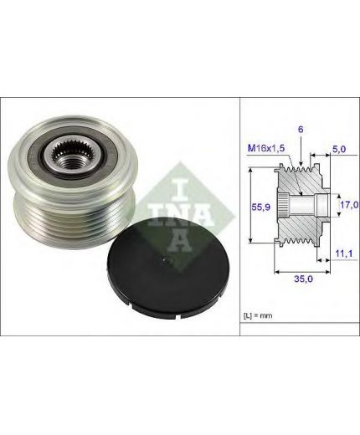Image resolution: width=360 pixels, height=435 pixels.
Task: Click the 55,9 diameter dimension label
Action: [260, 207]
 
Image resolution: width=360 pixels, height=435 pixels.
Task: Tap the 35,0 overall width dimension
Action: [303, 279]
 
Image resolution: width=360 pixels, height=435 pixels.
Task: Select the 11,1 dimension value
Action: [343, 253]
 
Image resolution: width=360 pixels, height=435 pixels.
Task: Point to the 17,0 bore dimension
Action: [349, 205]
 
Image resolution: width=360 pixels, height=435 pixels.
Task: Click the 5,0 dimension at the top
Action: [339, 149]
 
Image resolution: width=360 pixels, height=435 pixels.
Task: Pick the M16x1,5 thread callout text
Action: [266, 148]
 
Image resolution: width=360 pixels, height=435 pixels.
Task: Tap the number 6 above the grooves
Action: [301, 130]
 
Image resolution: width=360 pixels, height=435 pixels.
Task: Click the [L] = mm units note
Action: [258, 315]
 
